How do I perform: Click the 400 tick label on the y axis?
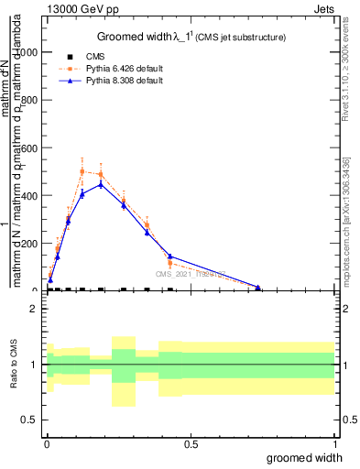tap(29, 196)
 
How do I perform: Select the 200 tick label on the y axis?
tap(29, 244)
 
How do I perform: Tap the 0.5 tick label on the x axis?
tap(191, 445)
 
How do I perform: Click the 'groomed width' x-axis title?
tap(305, 457)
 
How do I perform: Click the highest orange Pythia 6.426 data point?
tap(82, 171)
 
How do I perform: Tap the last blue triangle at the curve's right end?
tap(258, 288)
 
